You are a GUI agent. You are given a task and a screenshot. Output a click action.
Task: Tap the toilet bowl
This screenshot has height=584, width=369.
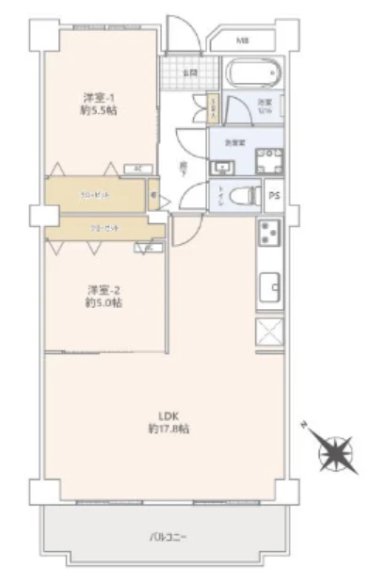243,196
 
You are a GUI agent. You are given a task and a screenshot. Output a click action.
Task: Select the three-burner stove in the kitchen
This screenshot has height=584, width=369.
267,235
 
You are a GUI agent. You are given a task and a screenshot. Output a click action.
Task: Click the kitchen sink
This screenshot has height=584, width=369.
268,283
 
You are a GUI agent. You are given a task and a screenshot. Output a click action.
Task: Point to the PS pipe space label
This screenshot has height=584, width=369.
274,196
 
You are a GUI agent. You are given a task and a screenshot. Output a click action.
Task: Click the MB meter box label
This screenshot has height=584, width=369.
243,41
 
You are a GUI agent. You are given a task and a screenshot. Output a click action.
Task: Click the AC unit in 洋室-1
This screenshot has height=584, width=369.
137,169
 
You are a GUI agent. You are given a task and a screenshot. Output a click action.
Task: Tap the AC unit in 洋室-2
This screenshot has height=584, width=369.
148,248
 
